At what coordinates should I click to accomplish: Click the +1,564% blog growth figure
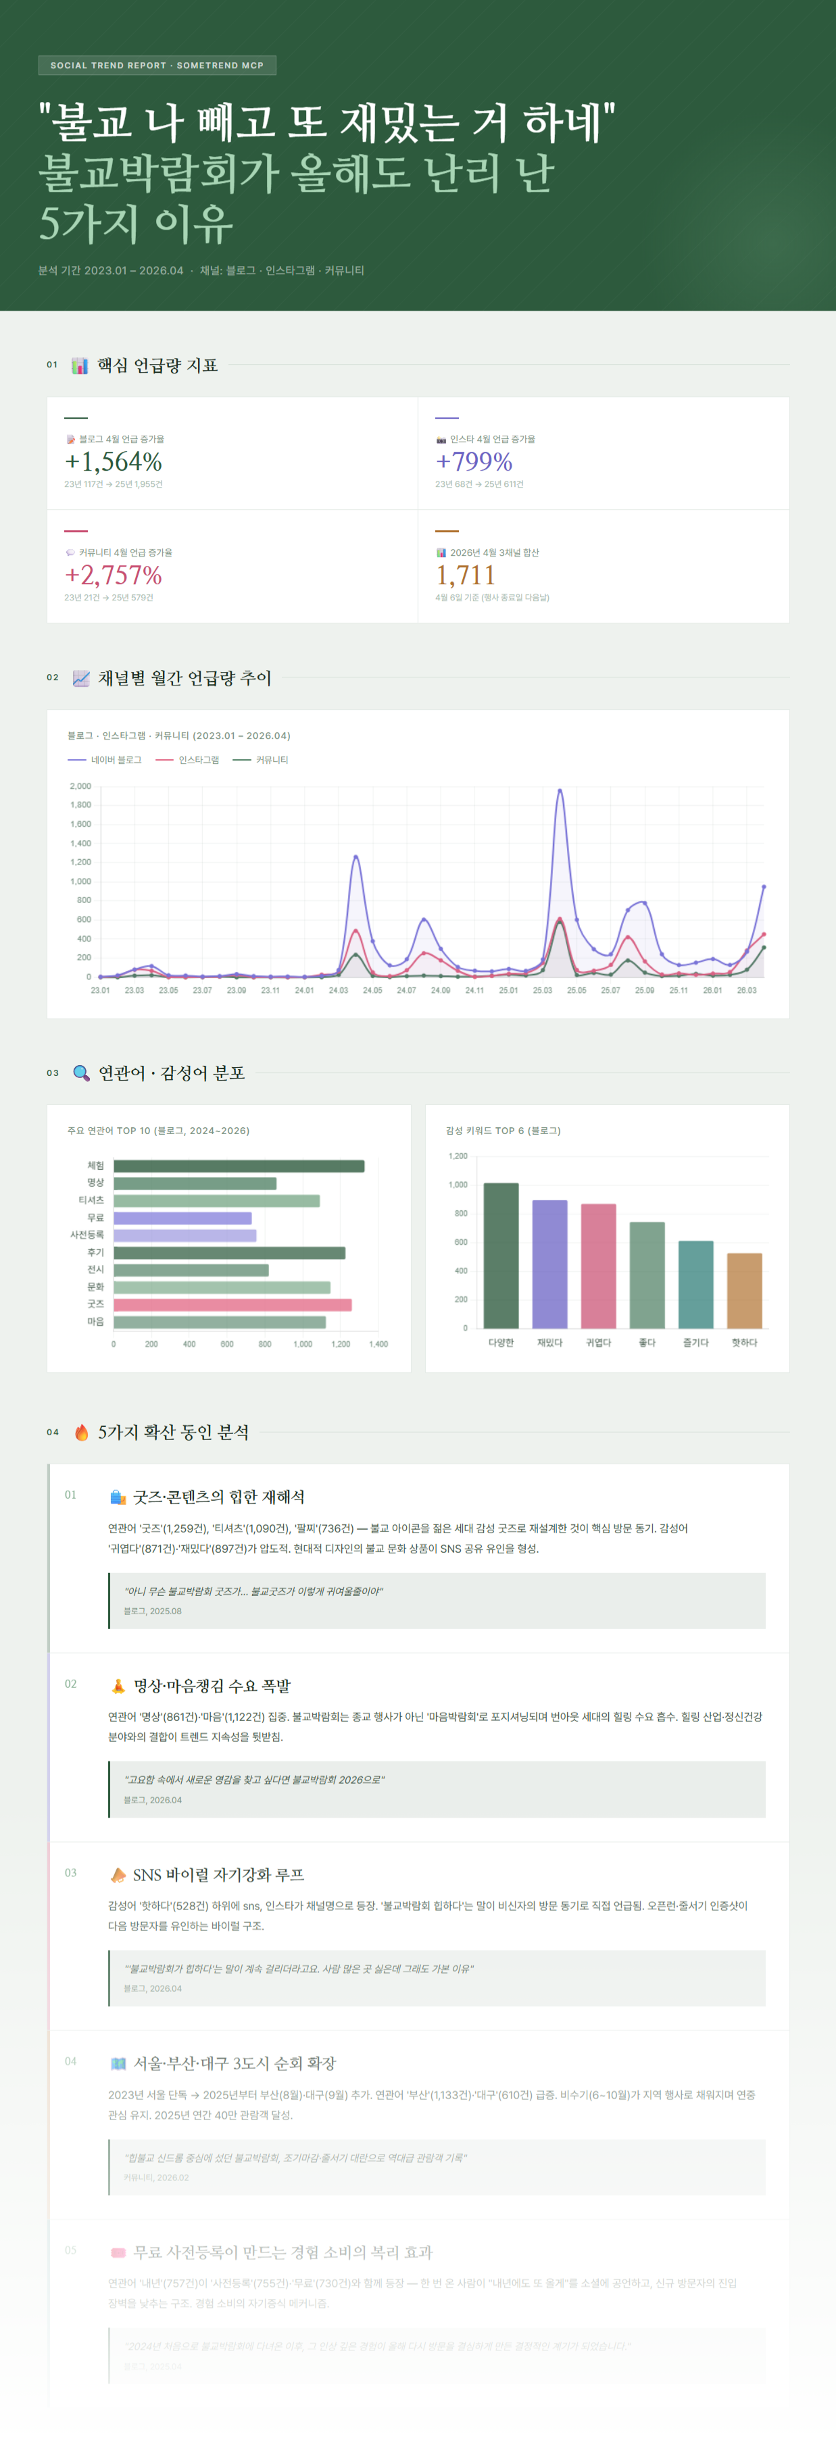pyautogui.click(x=113, y=462)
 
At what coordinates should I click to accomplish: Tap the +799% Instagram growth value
pyautogui.click(x=474, y=462)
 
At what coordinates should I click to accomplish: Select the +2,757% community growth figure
pyautogui.click(x=113, y=575)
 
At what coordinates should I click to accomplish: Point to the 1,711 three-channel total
pyautogui.click(x=465, y=575)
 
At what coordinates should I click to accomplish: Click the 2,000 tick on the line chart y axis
pyautogui.click(x=81, y=786)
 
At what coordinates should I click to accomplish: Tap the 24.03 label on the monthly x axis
pyautogui.click(x=338, y=991)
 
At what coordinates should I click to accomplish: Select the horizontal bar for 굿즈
pyautogui.click(x=232, y=1304)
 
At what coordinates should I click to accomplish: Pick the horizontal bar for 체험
pyautogui.click(x=239, y=1166)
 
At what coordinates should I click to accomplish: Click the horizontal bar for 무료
pyautogui.click(x=182, y=1218)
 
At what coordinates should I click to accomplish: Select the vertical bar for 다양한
pyautogui.click(x=501, y=1255)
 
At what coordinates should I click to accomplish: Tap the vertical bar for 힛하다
pyautogui.click(x=743, y=1290)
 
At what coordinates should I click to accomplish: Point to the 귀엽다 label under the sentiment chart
pyautogui.click(x=598, y=1343)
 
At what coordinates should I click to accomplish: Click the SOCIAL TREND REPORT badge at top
pyautogui.click(x=157, y=66)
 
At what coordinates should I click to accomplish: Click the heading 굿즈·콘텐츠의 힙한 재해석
pyautogui.click(x=219, y=1497)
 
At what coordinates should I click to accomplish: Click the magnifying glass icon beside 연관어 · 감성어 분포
pyautogui.click(x=82, y=1073)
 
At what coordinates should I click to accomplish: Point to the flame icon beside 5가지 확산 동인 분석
pyautogui.click(x=82, y=1433)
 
